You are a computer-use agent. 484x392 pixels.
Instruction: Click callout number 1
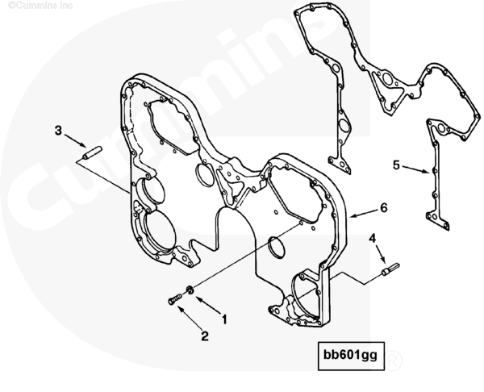225,319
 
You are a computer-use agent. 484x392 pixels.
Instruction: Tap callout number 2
205,336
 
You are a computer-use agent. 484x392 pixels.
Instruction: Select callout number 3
58,131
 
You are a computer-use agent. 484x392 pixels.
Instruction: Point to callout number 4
373,238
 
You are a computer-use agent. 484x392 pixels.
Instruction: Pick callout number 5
396,165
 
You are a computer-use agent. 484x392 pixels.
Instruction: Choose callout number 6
383,208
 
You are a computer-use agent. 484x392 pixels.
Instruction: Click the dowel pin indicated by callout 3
92,153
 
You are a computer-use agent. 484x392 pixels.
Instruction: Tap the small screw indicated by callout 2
175,299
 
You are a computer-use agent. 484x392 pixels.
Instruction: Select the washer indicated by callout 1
190,290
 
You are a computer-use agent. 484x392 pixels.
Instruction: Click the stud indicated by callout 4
390,269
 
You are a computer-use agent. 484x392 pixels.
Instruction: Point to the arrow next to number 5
415,169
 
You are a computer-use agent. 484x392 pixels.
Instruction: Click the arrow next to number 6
364,213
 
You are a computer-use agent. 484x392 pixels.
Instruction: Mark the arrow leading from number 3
75,140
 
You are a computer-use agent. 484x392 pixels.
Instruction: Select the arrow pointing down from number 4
380,253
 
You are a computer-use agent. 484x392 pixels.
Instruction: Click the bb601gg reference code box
351,356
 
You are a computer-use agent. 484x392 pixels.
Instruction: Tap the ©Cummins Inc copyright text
40,6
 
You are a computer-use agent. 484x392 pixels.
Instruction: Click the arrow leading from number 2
190,318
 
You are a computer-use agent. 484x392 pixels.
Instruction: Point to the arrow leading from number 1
209,306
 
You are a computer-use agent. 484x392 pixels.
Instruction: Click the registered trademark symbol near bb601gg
394,361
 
